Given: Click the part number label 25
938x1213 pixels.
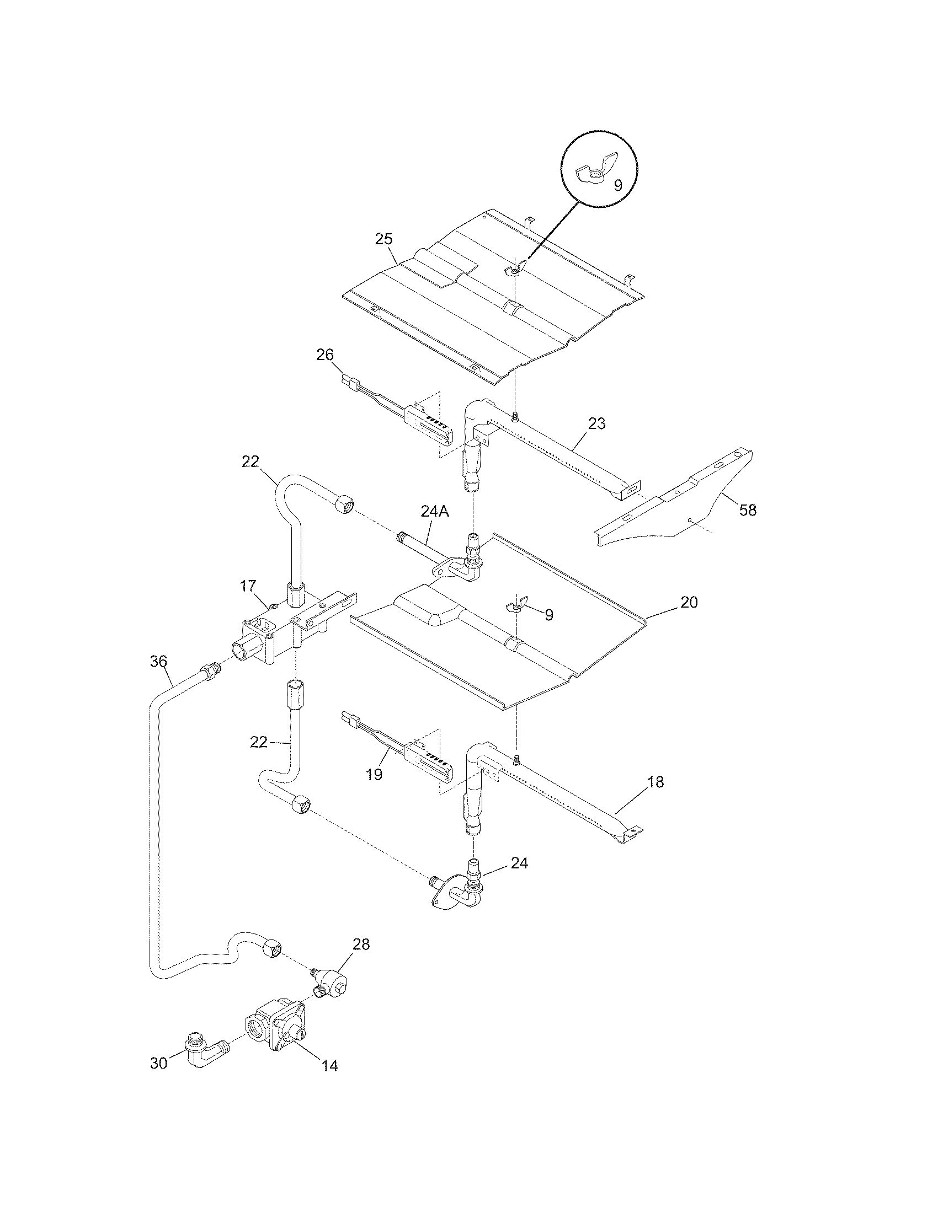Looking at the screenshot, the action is pos(383,239).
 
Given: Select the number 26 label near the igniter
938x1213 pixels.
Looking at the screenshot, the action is pos(325,354).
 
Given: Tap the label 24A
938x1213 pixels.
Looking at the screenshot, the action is pos(434,512).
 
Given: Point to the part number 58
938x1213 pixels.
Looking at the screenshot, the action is pos(748,510).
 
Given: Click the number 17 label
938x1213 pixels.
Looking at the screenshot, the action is pos(248,586).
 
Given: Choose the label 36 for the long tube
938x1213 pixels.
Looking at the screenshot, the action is pos(158,661).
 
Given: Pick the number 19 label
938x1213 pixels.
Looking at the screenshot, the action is pos(375,775).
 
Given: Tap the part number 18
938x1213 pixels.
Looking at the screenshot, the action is pos(655,782).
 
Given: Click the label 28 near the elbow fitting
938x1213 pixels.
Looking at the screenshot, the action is pos(361,944).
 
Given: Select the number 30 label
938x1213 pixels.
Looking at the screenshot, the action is pos(159,1063).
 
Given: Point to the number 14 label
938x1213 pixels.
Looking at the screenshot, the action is pos(329,1066).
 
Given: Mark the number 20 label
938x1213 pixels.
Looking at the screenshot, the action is pos(689,602).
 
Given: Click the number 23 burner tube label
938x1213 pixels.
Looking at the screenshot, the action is pos(596,424).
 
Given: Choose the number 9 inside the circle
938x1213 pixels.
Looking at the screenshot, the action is pos(618,185).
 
